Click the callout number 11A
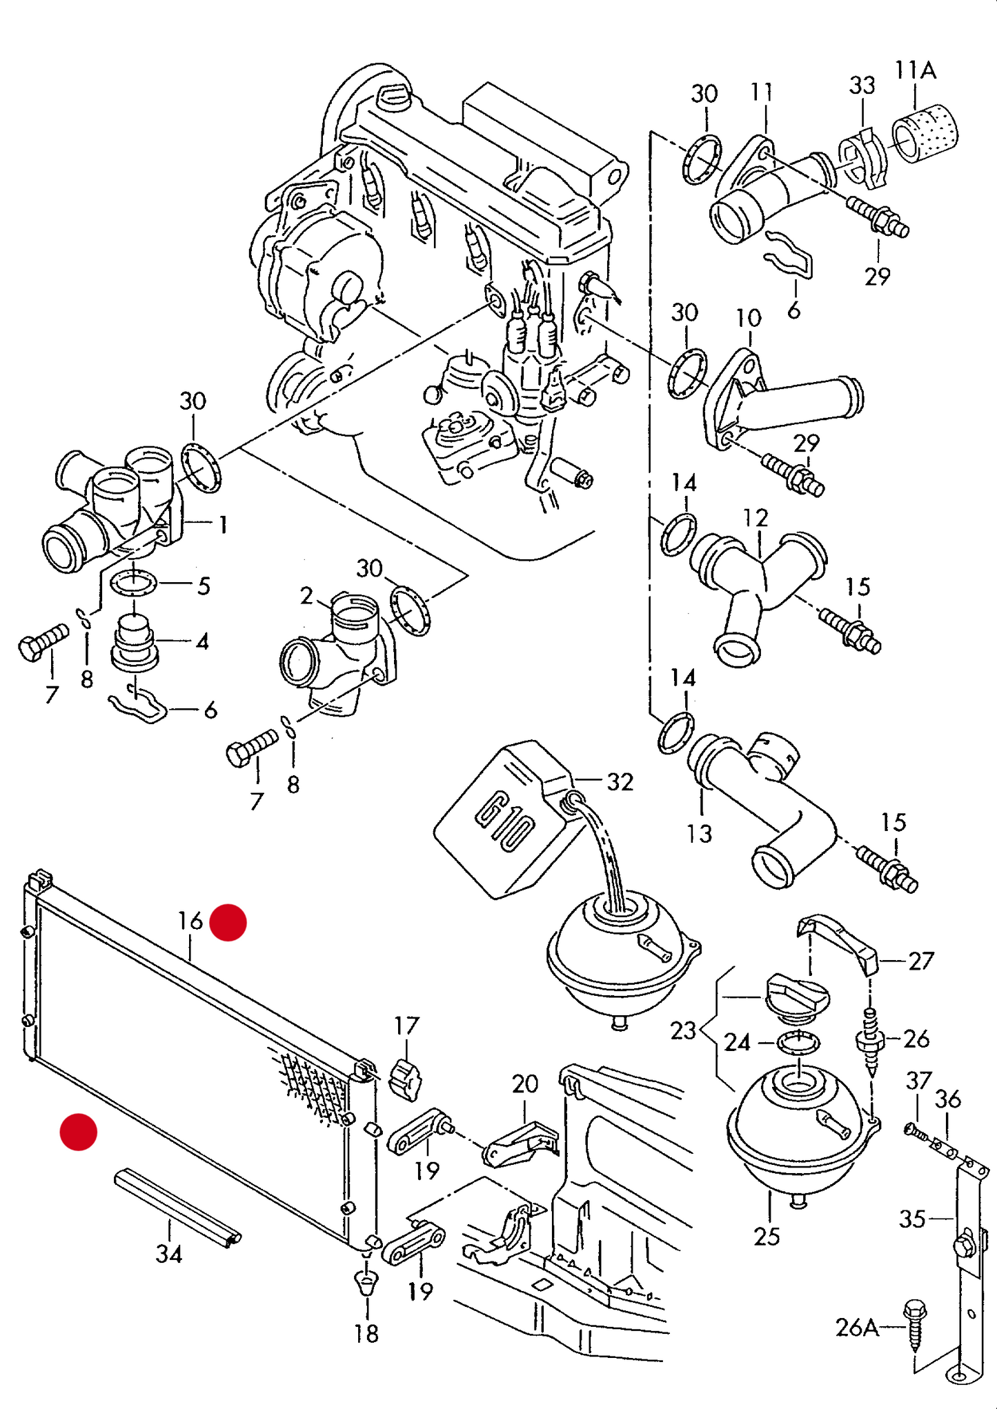pos(915,70)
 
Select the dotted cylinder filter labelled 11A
pos(925,133)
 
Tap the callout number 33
pos(862,86)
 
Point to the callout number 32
pos(620,781)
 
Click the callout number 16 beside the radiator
pos(190,921)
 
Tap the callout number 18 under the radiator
pos(366,1334)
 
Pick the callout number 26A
pos(857,1327)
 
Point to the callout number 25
pos(767,1237)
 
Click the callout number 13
pos(699,834)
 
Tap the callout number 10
pos(749,318)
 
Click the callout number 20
pos(524,1083)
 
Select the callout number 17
pos(406,1026)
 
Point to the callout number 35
pos(911,1219)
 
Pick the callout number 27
pos(920,961)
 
